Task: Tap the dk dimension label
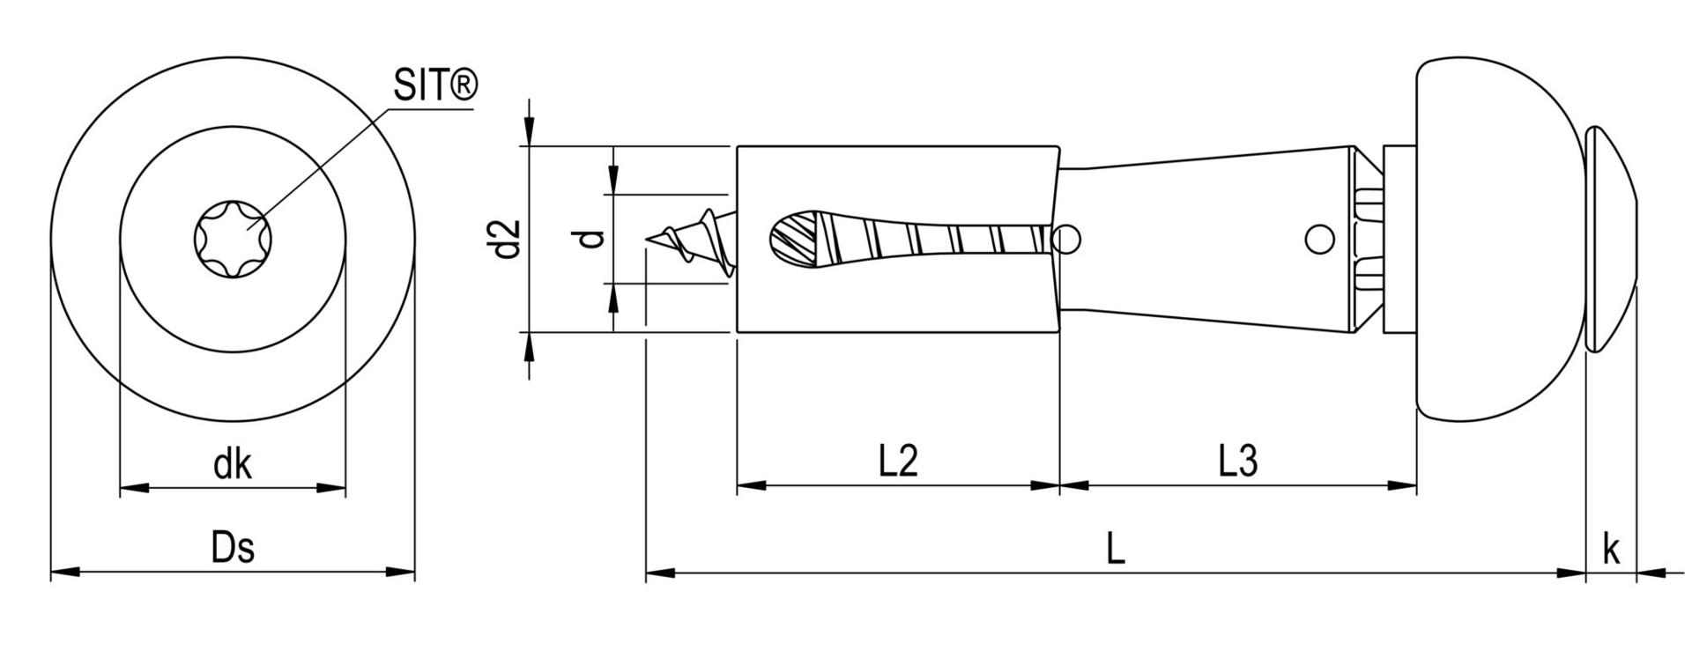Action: [233, 464]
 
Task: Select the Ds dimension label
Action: [233, 547]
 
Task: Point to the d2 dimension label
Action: [507, 239]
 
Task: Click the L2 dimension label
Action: [898, 461]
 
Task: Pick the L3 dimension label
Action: [1238, 461]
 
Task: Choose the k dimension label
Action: [1611, 549]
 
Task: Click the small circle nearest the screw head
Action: [1319, 240]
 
